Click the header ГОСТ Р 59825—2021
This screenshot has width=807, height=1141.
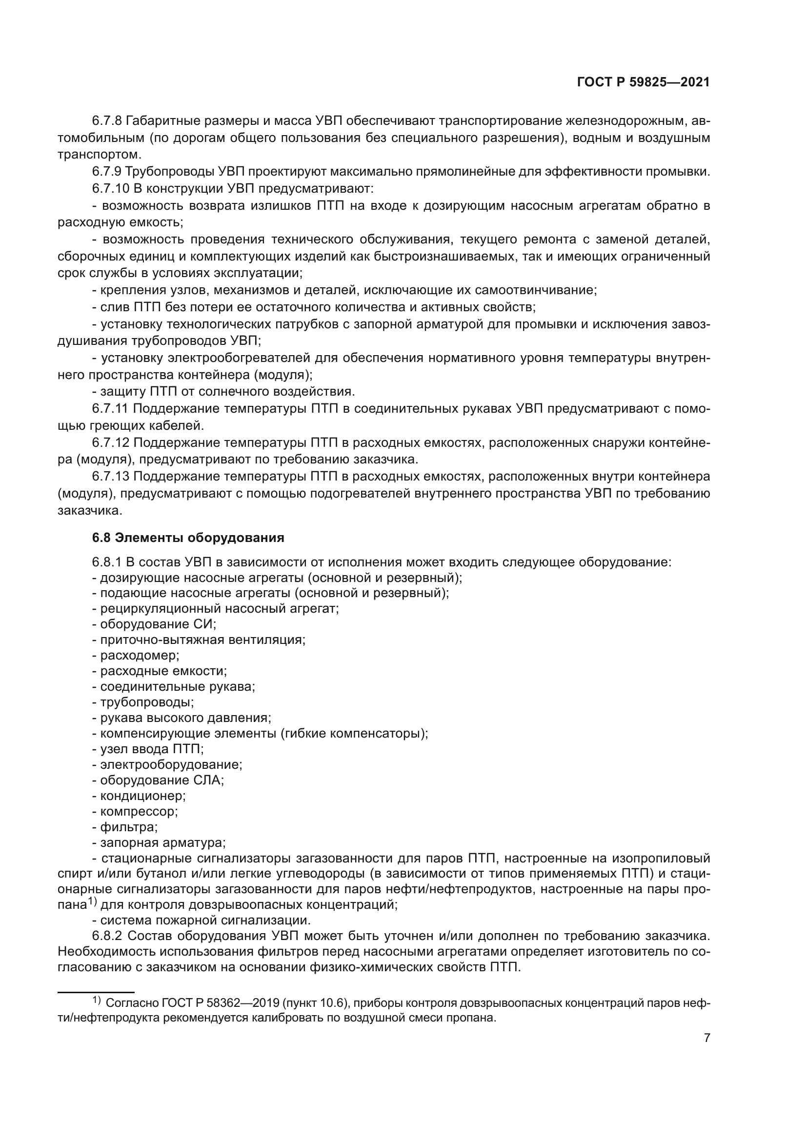(x=643, y=82)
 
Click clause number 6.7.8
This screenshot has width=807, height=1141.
(x=107, y=121)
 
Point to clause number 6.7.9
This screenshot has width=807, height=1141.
(x=107, y=172)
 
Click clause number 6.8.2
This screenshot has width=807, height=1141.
(x=107, y=936)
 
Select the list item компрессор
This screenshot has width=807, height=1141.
(x=139, y=812)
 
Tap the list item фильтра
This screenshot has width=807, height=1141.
(x=129, y=827)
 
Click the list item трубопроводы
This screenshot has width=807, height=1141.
(x=146, y=702)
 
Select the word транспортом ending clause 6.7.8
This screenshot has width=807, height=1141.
(x=99, y=155)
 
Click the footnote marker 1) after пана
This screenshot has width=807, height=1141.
(x=92, y=902)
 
